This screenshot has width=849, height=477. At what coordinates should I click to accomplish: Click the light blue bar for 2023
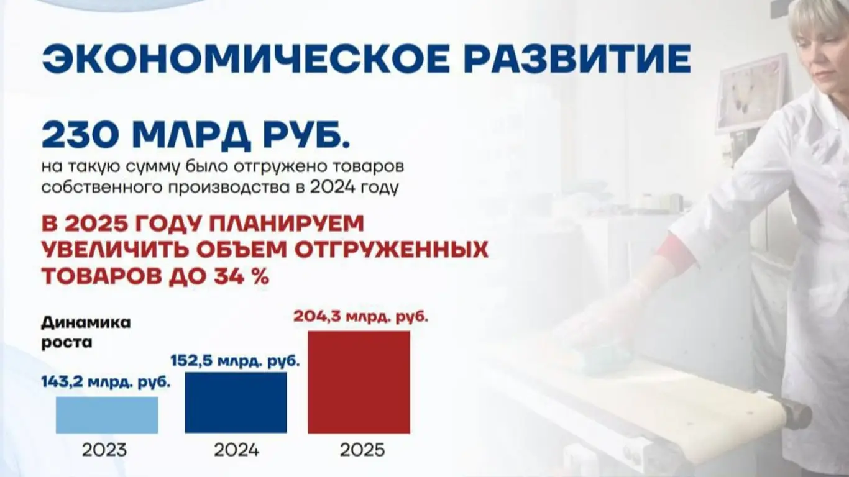point(107,415)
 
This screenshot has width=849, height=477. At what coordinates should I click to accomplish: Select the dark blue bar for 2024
point(236,402)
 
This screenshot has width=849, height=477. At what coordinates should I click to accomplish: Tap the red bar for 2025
point(359,382)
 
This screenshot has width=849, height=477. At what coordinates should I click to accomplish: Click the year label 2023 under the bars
point(104,450)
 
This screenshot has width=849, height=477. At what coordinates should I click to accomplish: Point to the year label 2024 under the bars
point(237,450)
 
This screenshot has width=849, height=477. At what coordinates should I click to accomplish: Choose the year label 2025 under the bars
point(362,450)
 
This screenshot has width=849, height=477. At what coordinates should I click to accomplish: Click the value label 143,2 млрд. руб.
point(106,382)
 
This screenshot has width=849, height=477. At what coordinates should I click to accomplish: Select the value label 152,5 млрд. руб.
point(236,361)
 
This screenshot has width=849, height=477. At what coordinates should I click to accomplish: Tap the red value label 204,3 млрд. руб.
point(361,316)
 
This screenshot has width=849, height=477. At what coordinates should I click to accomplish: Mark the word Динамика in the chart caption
point(86,323)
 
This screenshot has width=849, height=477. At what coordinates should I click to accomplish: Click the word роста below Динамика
point(67,343)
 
